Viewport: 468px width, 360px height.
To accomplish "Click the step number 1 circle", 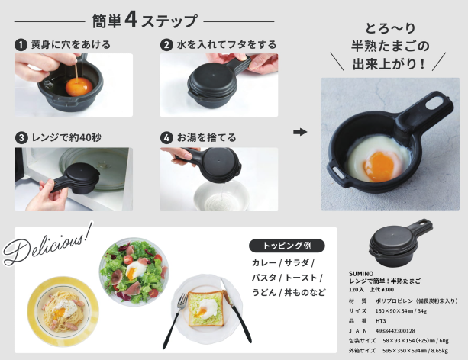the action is click(x=21, y=45).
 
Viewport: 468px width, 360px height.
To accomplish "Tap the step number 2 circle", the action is click(x=166, y=45).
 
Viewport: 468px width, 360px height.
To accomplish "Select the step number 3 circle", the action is click(x=21, y=138).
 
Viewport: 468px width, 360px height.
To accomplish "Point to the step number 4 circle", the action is click(x=166, y=138).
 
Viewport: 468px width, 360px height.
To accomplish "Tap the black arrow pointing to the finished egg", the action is click(x=300, y=132).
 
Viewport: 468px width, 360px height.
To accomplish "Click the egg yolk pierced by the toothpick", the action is click(x=79, y=87).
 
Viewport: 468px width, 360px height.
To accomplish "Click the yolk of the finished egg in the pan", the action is click(x=379, y=166).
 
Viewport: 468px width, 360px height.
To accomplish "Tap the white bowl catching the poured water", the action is click(x=221, y=195).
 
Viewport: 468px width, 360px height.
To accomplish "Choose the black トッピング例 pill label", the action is click(x=287, y=246).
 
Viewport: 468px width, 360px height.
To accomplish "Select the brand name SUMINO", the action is click(x=361, y=274).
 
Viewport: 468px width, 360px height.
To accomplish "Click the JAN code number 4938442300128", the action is click(x=395, y=331).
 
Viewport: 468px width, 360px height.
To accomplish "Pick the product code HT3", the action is click(x=380, y=321).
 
